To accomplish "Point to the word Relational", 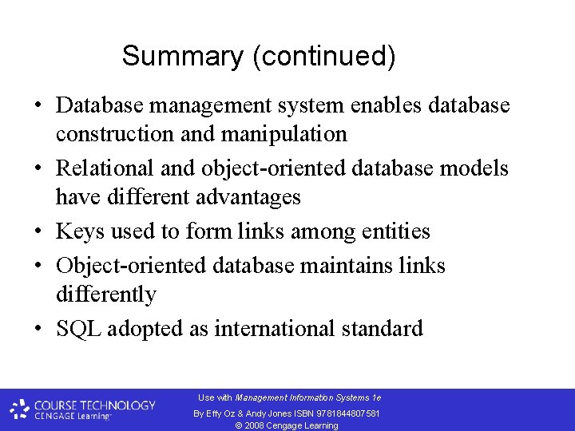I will pyautogui.click(x=104, y=168).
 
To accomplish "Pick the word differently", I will pyautogui.click(x=105, y=294).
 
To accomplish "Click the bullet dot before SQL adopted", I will pyautogui.click(x=38, y=329).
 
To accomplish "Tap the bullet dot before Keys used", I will pyautogui.click(x=38, y=232).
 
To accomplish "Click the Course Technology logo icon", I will pyautogui.click(x=20, y=409).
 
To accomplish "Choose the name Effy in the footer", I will pyautogui.click(x=213, y=413).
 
